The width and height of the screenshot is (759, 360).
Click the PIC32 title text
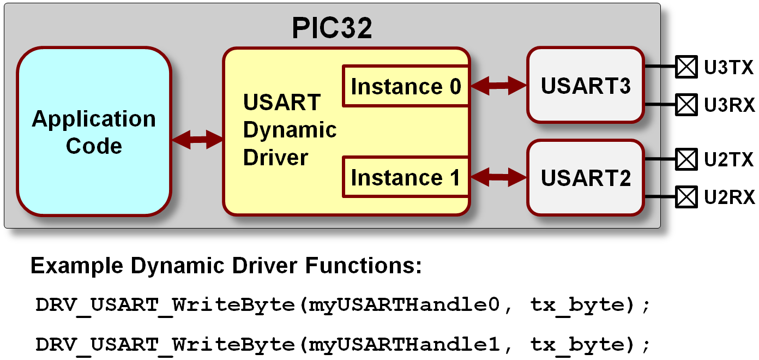[332, 28]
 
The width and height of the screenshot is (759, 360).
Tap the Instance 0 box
[406, 86]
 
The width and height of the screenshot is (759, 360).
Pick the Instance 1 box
[406, 177]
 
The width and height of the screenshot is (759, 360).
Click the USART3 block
[586, 85]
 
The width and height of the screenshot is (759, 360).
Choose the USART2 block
[586, 178]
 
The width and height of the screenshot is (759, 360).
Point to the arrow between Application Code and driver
[197, 139]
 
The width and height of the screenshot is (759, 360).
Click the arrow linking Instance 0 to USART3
[498, 85]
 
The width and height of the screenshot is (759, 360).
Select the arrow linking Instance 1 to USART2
[498, 176]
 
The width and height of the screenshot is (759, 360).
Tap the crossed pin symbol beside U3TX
[686, 68]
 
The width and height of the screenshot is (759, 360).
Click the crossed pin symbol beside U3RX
[686, 104]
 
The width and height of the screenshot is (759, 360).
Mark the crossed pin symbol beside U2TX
[686, 160]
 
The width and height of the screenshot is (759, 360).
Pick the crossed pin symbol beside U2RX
[686, 196]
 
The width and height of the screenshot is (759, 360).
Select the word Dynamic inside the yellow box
[290, 130]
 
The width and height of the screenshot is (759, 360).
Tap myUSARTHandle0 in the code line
[405, 305]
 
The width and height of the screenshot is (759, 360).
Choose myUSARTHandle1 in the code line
[405, 345]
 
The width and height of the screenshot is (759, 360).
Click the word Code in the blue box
[94, 146]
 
